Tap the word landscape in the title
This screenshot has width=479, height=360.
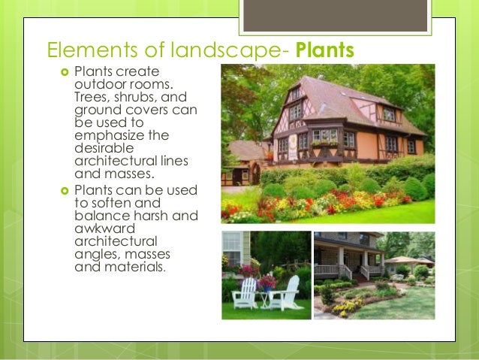click(x=235, y=50)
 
